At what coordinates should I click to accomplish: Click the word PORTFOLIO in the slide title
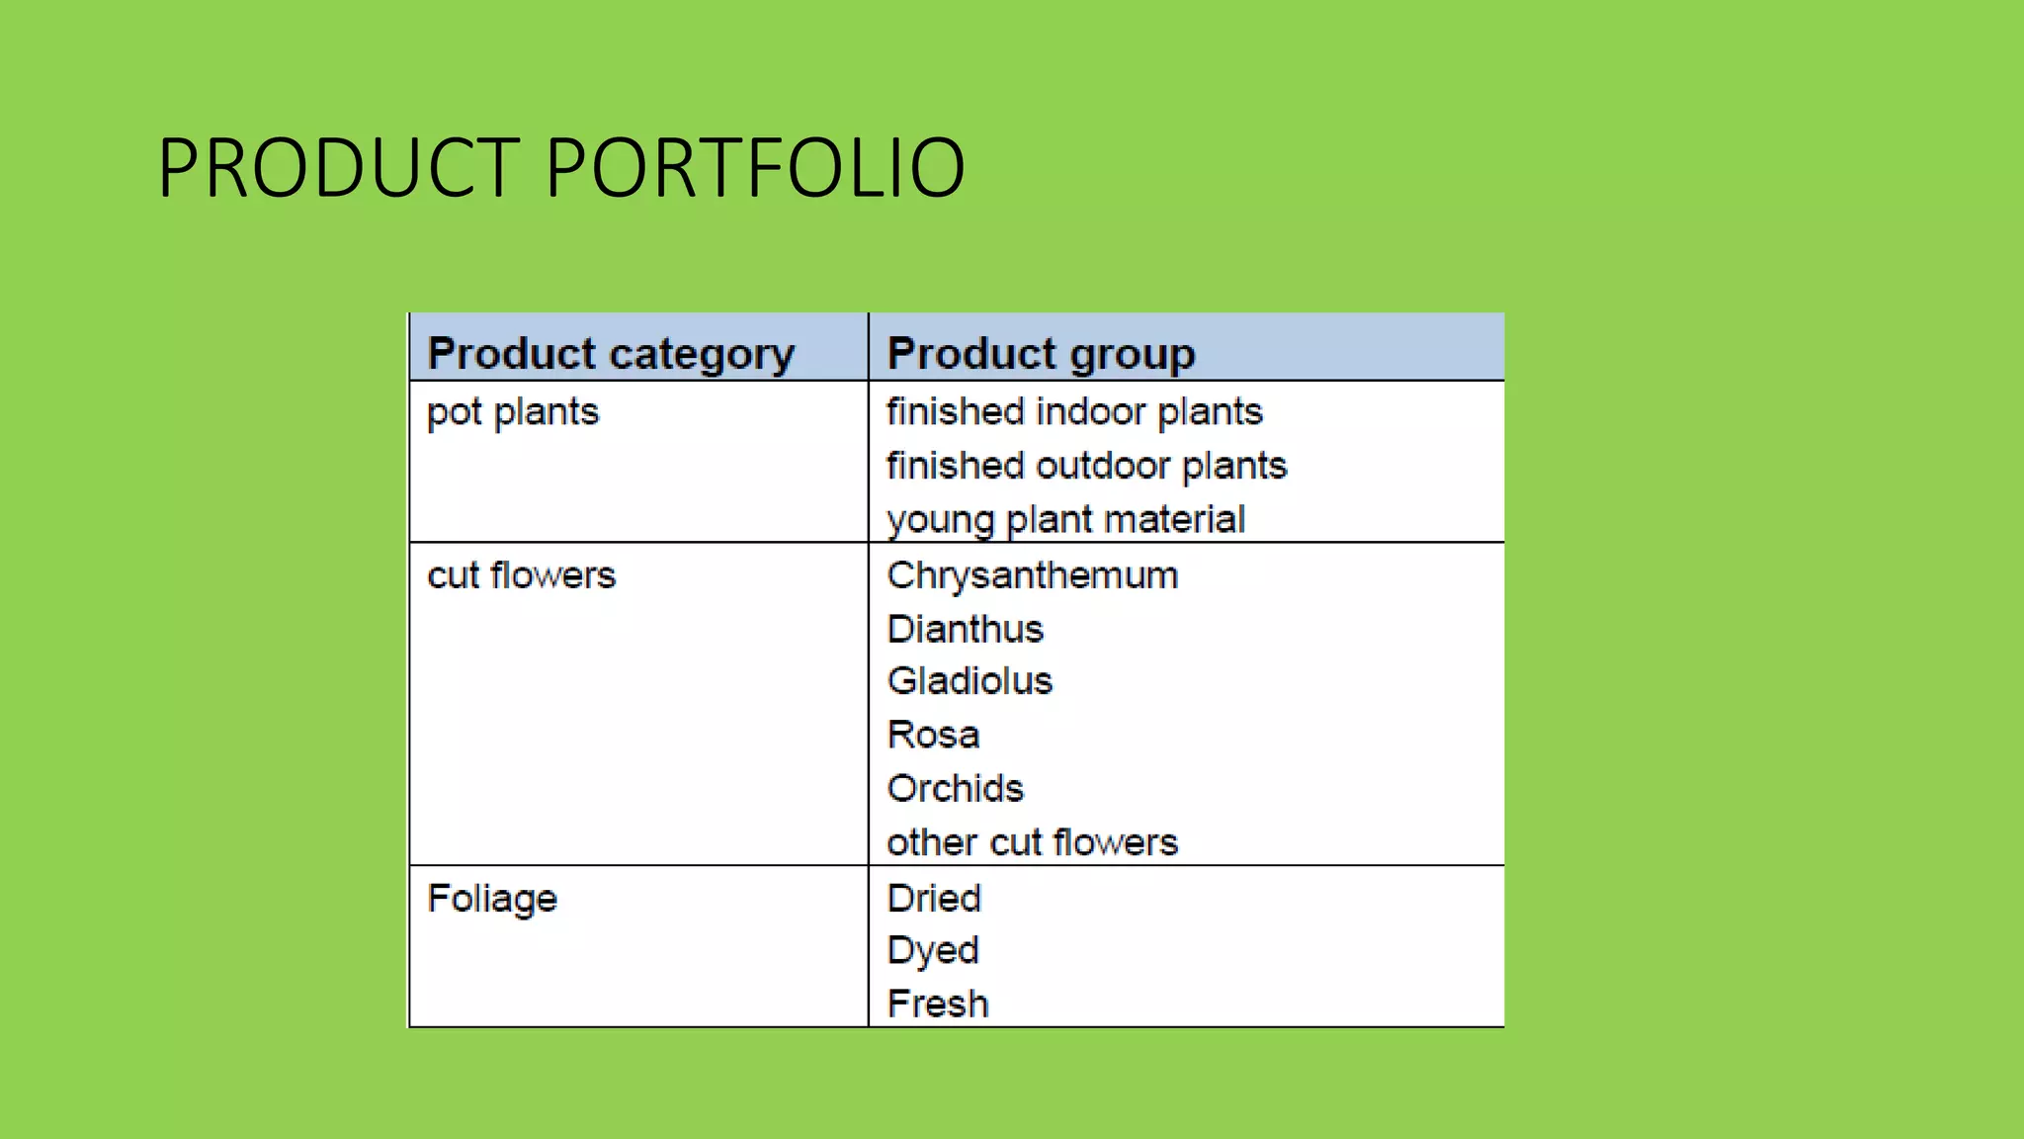(x=755, y=169)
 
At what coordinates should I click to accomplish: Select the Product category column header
(x=611, y=354)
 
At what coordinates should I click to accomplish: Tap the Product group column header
(x=1041, y=354)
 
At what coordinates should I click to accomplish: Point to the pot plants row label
(x=513, y=412)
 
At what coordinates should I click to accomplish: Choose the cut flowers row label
(x=521, y=575)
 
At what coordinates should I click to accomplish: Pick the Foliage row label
(x=492, y=899)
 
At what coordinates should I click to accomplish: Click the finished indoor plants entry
(x=1074, y=412)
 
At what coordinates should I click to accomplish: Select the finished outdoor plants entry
(x=1086, y=466)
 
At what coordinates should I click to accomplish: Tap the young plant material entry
(x=1065, y=520)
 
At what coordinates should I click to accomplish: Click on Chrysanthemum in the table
(x=1032, y=575)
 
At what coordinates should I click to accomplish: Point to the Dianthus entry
(x=965, y=629)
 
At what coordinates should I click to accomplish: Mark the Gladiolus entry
(x=970, y=681)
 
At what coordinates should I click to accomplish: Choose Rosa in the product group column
(x=933, y=736)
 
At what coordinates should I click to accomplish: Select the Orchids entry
(x=955, y=789)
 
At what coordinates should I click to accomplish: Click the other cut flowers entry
(x=1032, y=842)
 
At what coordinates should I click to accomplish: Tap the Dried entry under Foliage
(x=934, y=899)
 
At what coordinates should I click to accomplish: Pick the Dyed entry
(x=932, y=951)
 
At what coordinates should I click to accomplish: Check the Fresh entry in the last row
(x=937, y=1005)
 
